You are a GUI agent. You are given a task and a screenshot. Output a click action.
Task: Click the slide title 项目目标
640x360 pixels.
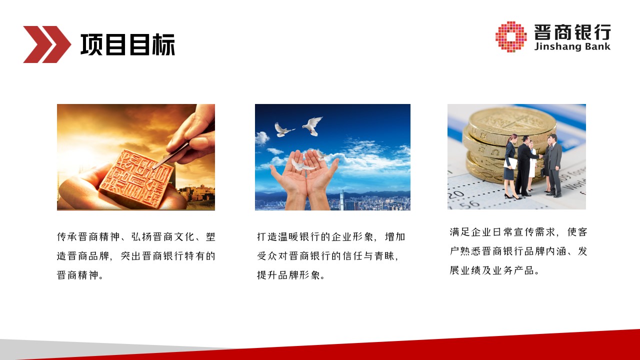(x=127, y=44)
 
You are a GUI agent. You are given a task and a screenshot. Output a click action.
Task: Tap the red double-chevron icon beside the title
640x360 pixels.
(x=47, y=44)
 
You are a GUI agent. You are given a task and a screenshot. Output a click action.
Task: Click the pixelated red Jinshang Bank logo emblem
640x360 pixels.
(x=511, y=36)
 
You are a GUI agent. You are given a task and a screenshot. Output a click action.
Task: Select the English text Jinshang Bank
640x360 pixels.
(x=572, y=46)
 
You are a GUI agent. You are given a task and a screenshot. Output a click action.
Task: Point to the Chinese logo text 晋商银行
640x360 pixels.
(x=572, y=32)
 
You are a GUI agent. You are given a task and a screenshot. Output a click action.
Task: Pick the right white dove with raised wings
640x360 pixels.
(x=313, y=125)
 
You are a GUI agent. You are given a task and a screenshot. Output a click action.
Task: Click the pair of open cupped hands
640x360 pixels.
(x=304, y=177)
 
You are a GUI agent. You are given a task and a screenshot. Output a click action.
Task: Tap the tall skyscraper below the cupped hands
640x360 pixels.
(x=342, y=200)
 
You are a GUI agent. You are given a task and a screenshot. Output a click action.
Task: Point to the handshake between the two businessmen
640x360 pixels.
(x=540, y=156)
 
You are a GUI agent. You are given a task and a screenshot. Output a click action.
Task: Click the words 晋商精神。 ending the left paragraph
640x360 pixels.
(x=80, y=275)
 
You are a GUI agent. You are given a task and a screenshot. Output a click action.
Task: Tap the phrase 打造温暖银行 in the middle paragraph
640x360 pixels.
(x=288, y=237)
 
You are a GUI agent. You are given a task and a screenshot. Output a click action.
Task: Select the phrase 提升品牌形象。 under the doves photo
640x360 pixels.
(x=291, y=275)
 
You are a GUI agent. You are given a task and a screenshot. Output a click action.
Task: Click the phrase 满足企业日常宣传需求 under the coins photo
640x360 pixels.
(x=502, y=232)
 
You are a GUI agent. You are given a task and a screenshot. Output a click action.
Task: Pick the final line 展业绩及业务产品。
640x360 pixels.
(x=494, y=270)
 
